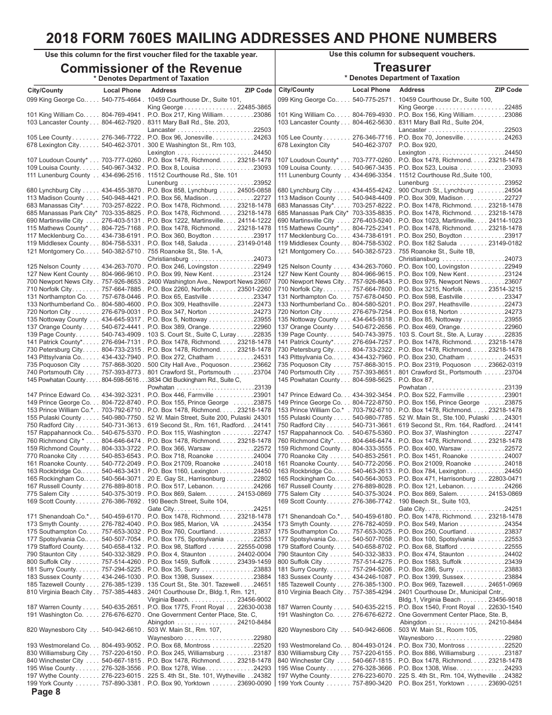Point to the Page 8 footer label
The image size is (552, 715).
pos(46,692)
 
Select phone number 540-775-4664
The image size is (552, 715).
pos(121,100)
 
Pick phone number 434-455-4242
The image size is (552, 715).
pos(372,190)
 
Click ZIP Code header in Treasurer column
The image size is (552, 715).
pos(508,90)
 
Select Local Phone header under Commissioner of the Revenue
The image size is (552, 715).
pos(122,91)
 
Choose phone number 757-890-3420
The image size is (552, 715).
pos(372,683)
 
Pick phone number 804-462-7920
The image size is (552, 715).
pos(121,123)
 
